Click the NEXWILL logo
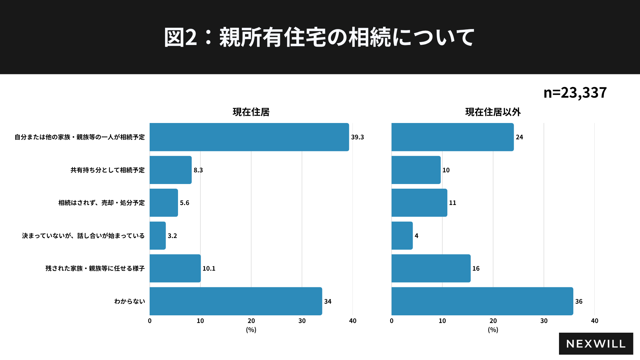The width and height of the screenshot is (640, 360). point(596,344)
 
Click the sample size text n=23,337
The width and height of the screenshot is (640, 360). point(575,92)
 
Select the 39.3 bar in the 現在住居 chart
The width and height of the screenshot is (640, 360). point(249,137)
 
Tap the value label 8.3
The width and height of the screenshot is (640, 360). point(198,170)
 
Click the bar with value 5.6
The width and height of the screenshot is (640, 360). point(164,203)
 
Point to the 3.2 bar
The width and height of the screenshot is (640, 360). point(158,236)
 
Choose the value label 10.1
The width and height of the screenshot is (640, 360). point(209,268)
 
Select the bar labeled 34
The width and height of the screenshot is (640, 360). point(236,301)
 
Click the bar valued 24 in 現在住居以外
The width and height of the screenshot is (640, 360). point(452,137)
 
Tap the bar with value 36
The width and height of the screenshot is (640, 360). point(482,301)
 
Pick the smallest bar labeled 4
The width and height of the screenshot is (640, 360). point(402,236)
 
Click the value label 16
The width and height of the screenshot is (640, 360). point(476,268)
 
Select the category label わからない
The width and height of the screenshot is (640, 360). point(130,301)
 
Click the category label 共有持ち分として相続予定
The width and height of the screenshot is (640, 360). point(108,170)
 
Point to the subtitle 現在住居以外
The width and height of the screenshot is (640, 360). point(493,112)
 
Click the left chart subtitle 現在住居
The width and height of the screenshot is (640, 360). point(251,112)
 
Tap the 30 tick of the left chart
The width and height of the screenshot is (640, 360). point(302,321)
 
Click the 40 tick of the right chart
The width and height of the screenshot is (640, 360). point(595,321)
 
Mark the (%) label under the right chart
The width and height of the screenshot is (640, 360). point(493,330)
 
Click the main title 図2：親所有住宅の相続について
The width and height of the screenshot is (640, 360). point(319,37)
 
